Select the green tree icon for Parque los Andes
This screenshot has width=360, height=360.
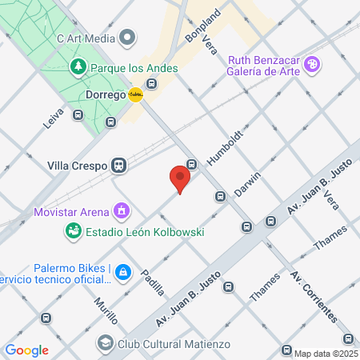point(78,66)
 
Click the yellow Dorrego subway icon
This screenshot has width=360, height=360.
point(136,94)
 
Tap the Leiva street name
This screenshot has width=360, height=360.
point(53,119)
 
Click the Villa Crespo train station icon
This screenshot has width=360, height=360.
point(119,166)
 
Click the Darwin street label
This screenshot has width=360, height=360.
point(248,185)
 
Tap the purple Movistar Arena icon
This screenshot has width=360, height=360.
point(121,212)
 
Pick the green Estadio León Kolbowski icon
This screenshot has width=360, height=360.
point(73,231)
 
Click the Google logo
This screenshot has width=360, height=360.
point(26,350)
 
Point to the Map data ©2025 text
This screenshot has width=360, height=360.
point(326,354)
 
